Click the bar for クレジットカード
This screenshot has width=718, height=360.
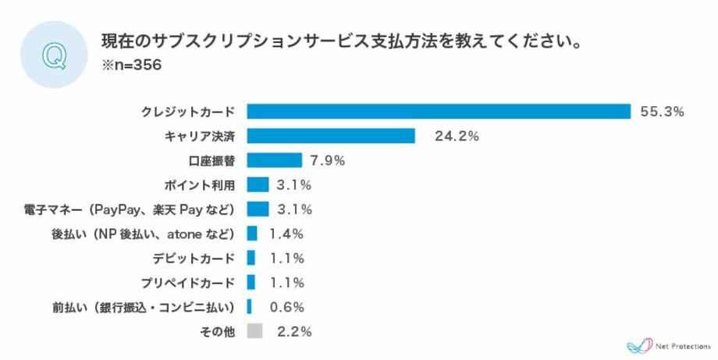(439, 112)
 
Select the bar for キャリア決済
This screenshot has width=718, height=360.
(331, 136)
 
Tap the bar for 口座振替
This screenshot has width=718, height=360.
(274, 160)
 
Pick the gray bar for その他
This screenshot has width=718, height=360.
(254, 331)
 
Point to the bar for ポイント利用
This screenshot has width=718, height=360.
(258, 184)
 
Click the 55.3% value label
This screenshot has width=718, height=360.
(662, 112)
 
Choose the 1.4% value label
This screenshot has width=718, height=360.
(286, 233)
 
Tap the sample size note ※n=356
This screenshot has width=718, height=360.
(131, 66)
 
